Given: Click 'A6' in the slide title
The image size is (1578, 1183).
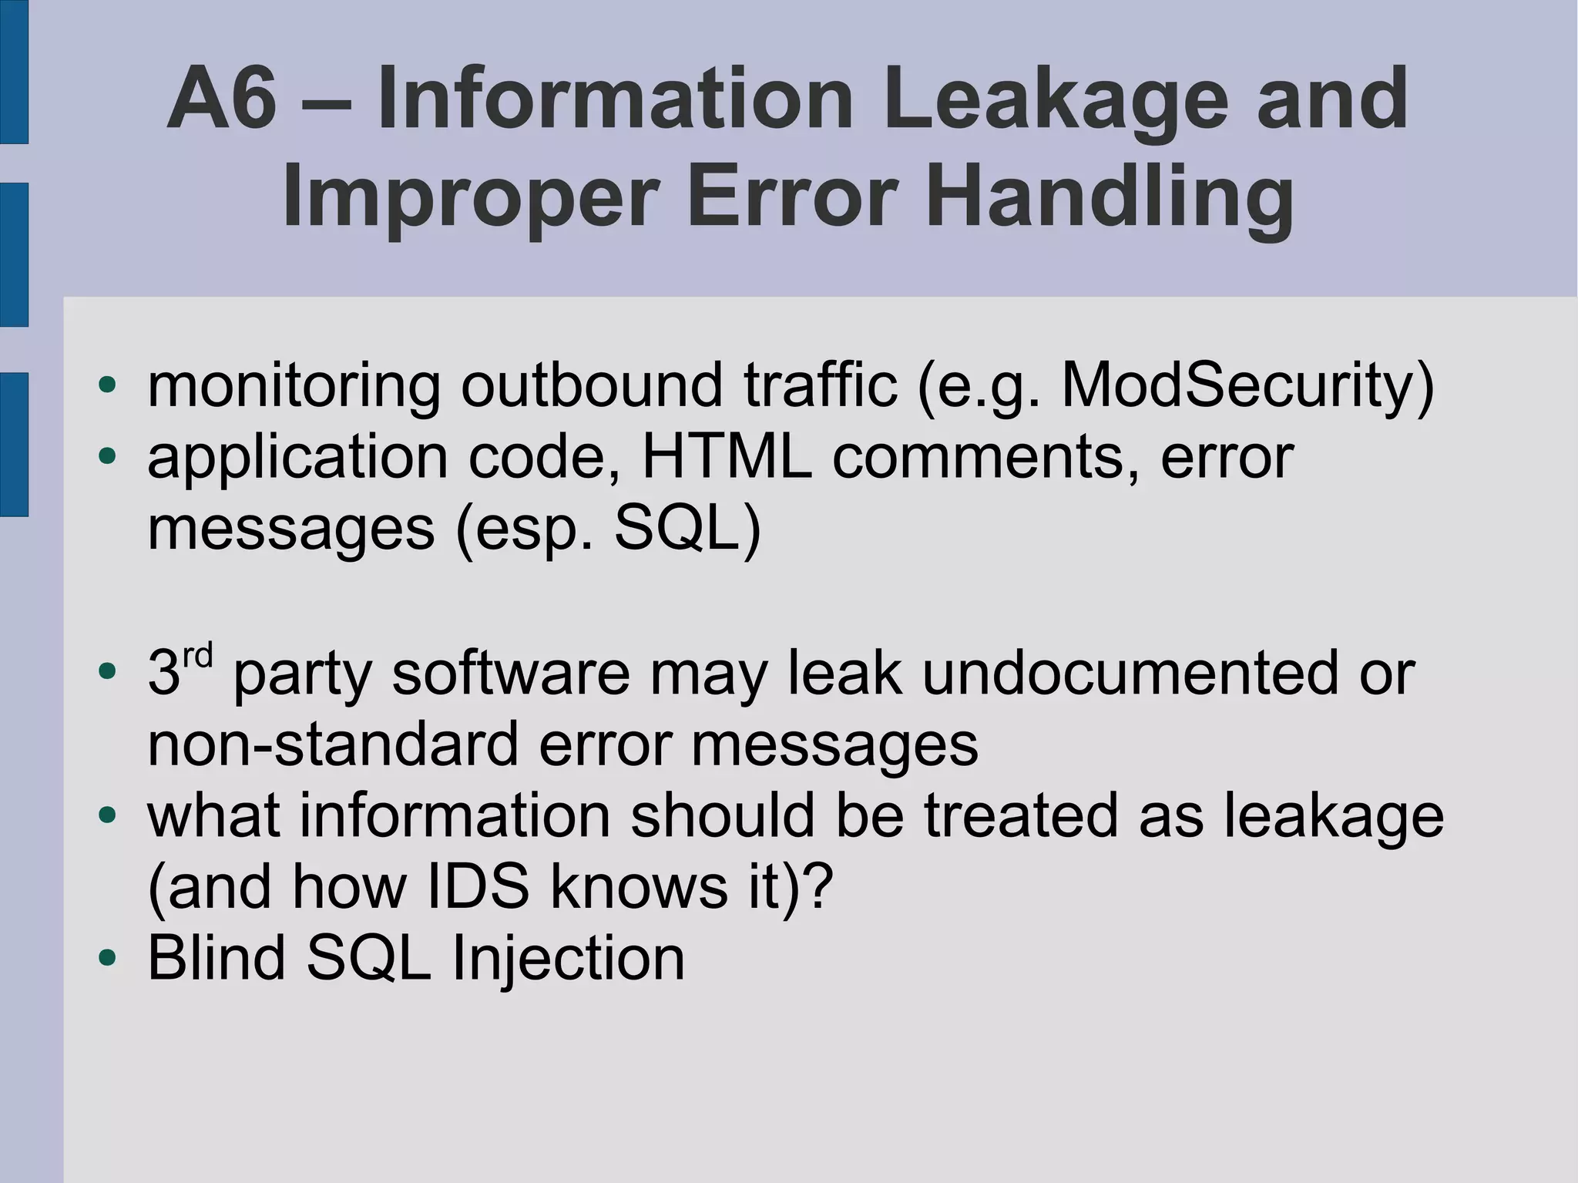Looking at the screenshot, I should [221, 99].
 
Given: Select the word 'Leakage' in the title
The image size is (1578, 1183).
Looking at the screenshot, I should [1056, 99].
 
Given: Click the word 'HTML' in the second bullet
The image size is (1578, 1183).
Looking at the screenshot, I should [727, 457].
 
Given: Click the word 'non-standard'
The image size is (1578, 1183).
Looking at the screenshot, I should [332, 744].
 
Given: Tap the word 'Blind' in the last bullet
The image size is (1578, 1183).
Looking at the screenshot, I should [217, 958].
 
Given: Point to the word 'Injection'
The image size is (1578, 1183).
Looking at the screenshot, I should [568, 958].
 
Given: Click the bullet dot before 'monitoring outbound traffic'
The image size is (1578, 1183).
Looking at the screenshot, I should [107, 385].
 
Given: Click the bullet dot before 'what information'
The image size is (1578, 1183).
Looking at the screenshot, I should [107, 815].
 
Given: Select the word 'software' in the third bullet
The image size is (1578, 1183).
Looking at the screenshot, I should [511, 673].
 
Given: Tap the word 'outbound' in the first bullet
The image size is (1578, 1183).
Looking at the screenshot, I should [592, 385].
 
